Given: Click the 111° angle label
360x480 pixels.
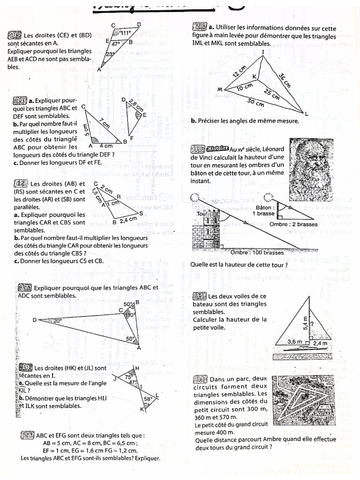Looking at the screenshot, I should click(126, 33).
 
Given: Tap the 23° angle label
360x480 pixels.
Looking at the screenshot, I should click(110, 54).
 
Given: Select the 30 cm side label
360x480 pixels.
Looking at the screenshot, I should click(255, 102).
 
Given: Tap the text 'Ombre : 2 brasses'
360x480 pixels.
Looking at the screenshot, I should click(293, 224).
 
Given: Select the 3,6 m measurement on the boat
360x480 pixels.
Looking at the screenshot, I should click(294, 342).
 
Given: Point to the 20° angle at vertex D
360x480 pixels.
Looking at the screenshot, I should click(56, 321).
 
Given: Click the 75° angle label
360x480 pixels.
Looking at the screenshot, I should click(128, 376).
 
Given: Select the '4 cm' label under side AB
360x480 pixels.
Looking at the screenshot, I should click(103, 146).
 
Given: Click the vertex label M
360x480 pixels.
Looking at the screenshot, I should click(219, 89).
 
